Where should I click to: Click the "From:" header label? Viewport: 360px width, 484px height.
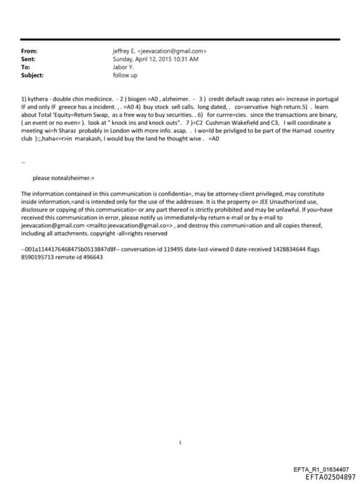coord(29,51)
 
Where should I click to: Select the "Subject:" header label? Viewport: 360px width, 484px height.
coord(32,75)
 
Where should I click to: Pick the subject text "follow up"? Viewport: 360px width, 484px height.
coord(125,75)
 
